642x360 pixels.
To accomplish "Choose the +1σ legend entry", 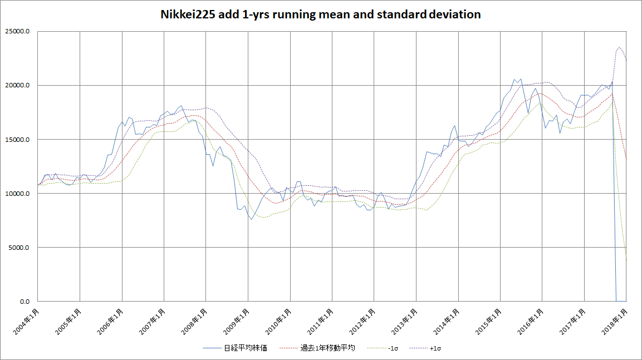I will pyautogui.click(x=436, y=348).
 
